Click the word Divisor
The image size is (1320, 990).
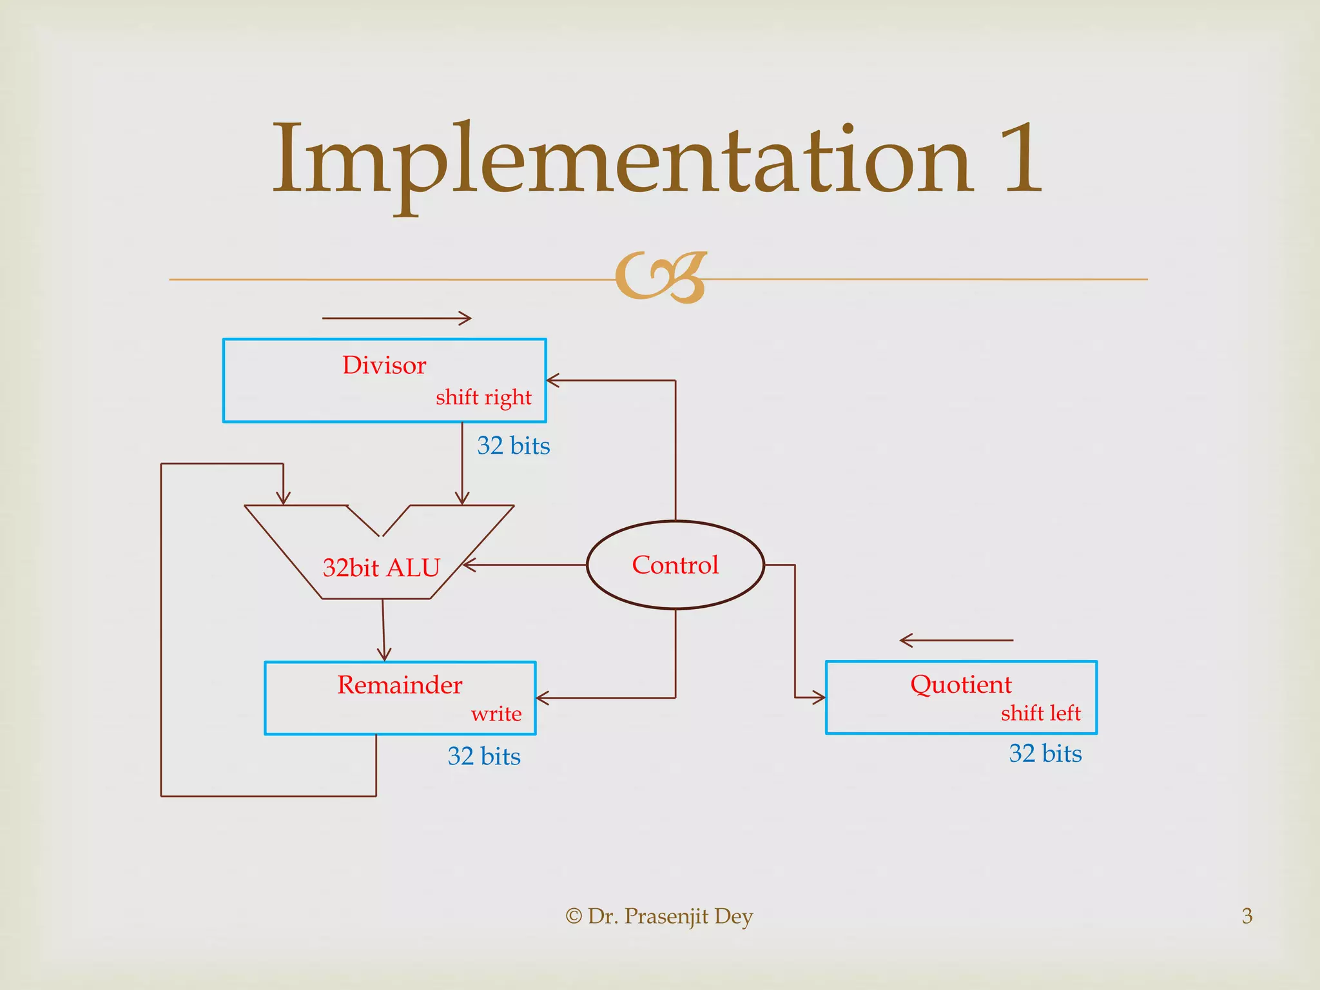(384, 365)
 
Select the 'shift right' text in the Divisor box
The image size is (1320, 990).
(483, 397)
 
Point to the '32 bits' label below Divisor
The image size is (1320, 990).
(513, 446)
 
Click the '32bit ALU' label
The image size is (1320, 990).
(381, 568)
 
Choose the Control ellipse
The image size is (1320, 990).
(675, 565)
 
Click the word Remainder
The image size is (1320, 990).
(400, 684)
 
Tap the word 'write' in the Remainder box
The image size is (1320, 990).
(496, 713)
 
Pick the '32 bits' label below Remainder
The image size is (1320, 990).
(484, 756)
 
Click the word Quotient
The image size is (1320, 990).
(960, 684)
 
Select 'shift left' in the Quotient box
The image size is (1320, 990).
(1040, 713)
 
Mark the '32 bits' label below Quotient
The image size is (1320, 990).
(1045, 753)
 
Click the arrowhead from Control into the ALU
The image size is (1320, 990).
(469, 565)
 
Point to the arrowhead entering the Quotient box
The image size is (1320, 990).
(819, 697)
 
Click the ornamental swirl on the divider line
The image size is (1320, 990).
(661, 277)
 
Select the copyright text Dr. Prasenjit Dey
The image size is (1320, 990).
(659, 916)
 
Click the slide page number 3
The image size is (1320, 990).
(1247, 916)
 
